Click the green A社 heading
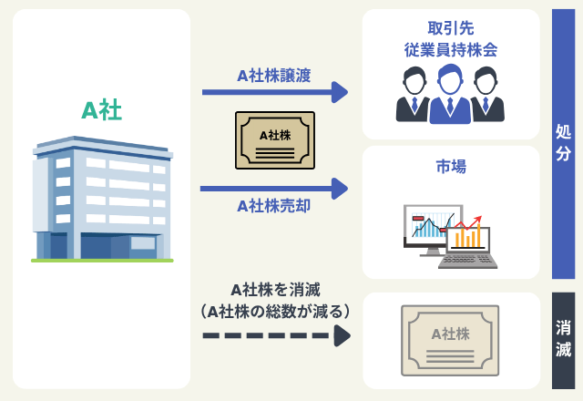tap(101, 110)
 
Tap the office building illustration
tap(102, 199)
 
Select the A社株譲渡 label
tap(274, 76)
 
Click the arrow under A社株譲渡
tap(275, 92)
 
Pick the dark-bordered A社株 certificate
tap(275, 140)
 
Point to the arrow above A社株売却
tap(274, 189)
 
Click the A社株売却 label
tap(274, 206)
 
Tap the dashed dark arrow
tap(276, 335)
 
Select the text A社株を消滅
tap(275, 290)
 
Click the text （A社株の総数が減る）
tap(275, 312)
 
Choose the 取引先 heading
tap(451, 28)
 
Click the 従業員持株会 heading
tap(451, 50)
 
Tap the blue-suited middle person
tap(450, 94)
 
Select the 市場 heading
tap(451, 166)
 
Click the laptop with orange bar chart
tap(467, 246)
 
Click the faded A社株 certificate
tap(450, 340)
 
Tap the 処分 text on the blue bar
tap(563, 142)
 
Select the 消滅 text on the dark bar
tap(563, 338)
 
